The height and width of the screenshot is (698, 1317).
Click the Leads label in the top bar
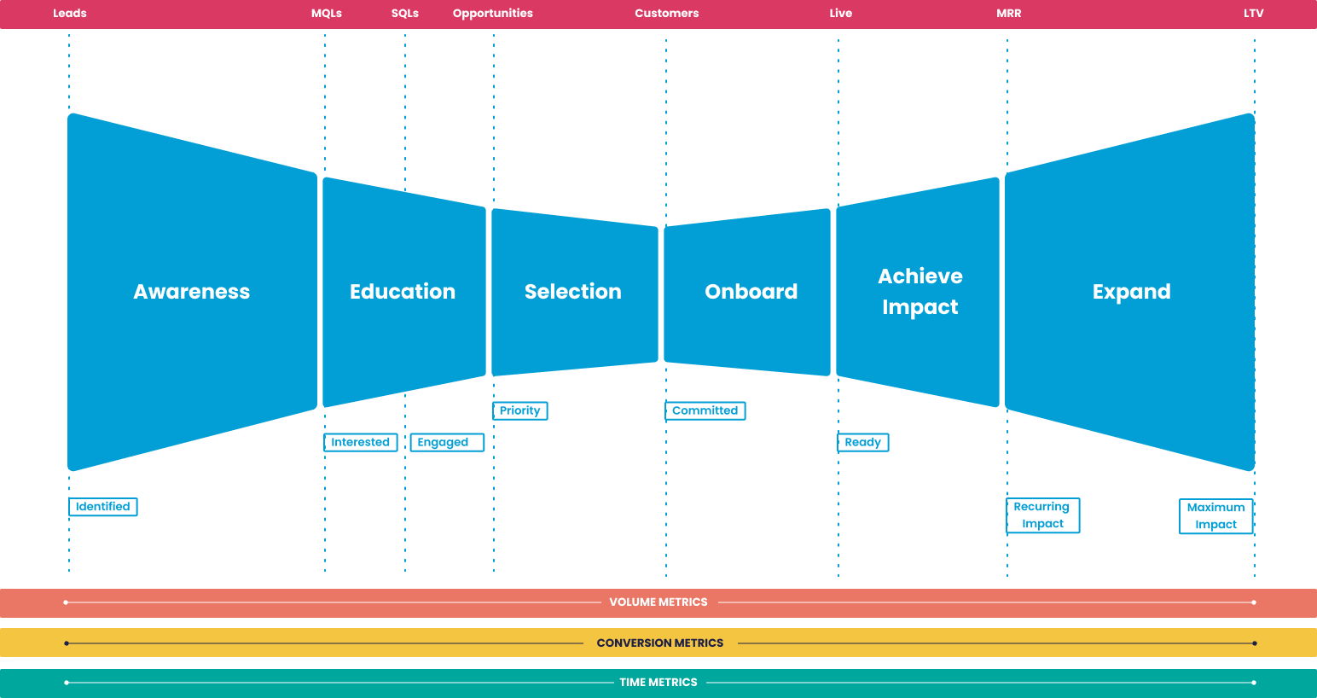point(70,14)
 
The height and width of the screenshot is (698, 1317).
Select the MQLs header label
point(327,14)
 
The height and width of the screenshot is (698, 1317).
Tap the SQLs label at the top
point(405,14)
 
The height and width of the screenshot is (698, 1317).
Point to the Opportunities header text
point(493,14)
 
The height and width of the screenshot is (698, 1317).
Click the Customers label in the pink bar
point(667,14)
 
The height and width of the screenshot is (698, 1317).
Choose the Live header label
point(841,14)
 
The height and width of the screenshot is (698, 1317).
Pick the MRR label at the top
point(1009,14)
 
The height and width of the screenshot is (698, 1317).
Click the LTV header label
point(1254,14)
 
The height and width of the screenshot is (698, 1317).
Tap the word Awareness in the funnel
point(192,292)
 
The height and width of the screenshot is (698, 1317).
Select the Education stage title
point(403,292)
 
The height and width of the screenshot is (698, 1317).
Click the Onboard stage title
point(751,292)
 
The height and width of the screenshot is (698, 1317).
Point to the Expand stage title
point(1132,292)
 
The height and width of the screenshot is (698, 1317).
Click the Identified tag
point(103,507)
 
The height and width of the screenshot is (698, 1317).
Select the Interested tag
point(361,442)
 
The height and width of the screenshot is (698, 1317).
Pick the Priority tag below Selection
point(520,410)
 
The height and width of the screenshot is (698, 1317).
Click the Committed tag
point(705,410)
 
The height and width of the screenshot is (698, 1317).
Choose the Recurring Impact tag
point(1043,515)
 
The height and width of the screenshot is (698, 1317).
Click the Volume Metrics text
point(658,602)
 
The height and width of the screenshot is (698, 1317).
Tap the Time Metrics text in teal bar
point(658,683)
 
